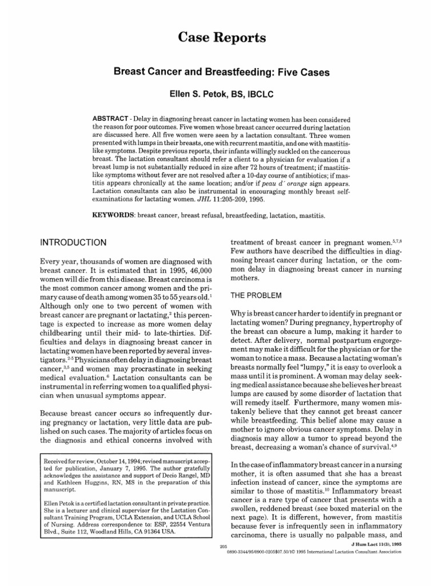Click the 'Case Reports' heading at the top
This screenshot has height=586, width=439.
[x=219, y=38]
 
